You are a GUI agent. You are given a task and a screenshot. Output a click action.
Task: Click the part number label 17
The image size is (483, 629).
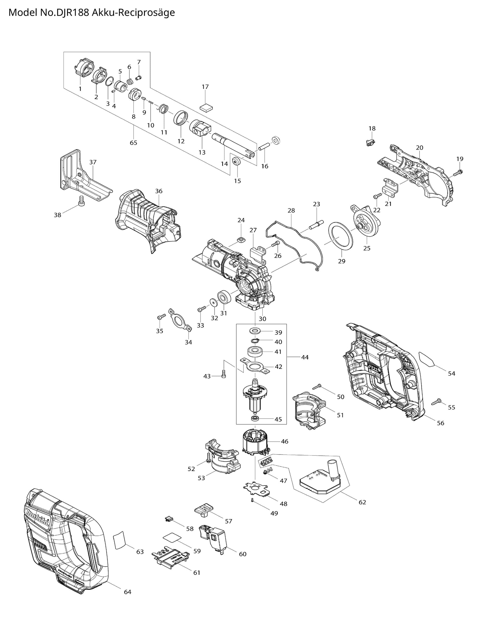pyautogui.click(x=205, y=87)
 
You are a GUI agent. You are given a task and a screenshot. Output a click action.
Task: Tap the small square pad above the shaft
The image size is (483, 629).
pyautogui.click(x=207, y=107)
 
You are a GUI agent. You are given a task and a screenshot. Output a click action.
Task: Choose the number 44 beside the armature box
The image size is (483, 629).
pyautogui.click(x=305, y=357)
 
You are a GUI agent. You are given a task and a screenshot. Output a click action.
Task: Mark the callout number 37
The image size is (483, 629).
pyautogui.click(x=93, y=162)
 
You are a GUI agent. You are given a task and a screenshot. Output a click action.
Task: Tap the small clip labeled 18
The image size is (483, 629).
pyautogui.click(x=371, y=142)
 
